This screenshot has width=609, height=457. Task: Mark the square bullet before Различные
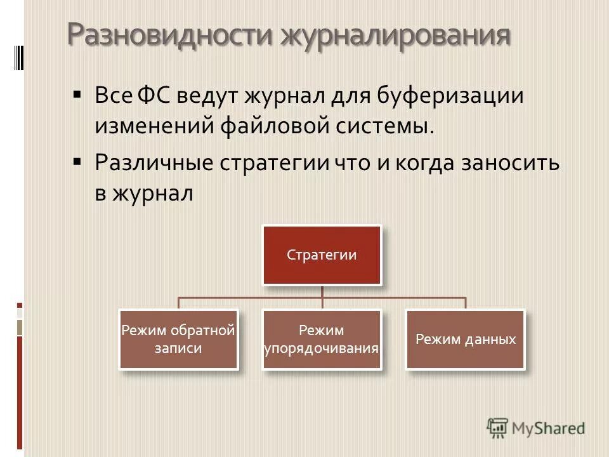[x=77, y=161]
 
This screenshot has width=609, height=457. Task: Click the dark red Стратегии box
[x=322, y=255]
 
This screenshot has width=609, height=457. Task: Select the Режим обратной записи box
[x=178, y=339]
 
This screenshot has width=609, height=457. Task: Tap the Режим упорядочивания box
[x=322, y=339]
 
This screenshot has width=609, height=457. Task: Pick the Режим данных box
[x=466, y=339]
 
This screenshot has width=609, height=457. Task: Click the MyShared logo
[x=536, y=428]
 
